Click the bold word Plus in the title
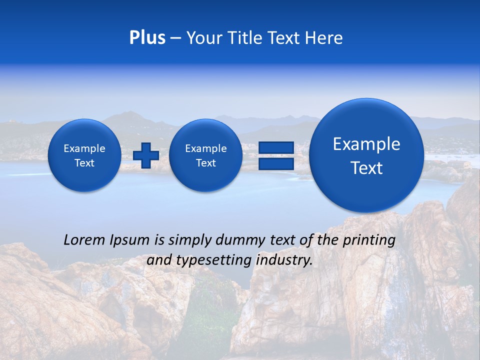[147, 38]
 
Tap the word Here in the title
[324, 38]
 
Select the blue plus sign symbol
[146, 155]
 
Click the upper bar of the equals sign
[276, 147]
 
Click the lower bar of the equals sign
[276, 163]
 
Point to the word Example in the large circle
[366, 144]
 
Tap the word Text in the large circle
[366, 168]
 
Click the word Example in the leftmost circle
[84, 148]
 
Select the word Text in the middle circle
[205, 163]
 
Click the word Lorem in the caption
[84, 240]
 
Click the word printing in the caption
[369, 240]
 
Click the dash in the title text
[175, 38]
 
